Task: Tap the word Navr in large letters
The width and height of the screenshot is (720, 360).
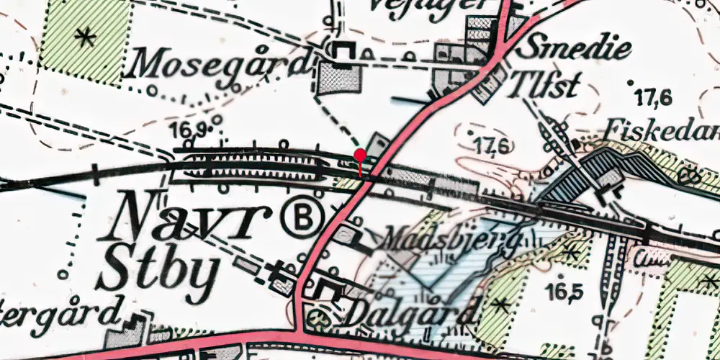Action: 185,218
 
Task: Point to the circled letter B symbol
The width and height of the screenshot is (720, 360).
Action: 302,216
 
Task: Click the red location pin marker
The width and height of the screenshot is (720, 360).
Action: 360,155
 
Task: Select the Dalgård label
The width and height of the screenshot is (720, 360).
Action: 411,312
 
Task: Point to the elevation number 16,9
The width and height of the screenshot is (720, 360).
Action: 190,130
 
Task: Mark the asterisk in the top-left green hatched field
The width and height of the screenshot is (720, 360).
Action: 86,37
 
